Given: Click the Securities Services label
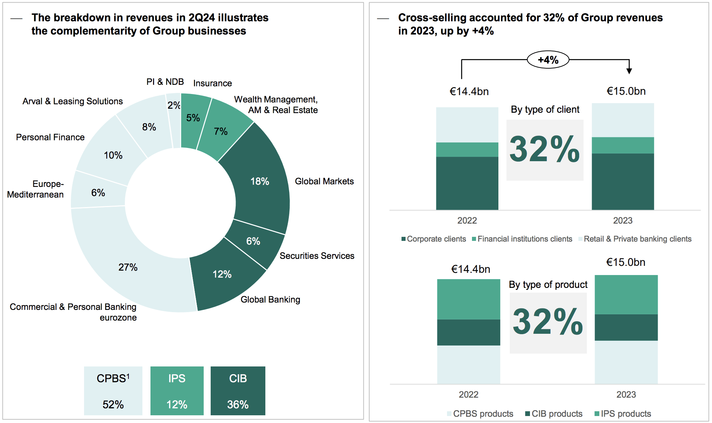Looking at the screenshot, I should [317, 256].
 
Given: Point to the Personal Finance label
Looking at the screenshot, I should [50, 137].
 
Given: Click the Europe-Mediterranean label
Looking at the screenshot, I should [36, 189].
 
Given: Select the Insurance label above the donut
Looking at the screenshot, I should [212, 83].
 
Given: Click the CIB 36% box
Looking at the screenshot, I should [238, 391].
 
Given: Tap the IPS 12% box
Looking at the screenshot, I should [177, 391].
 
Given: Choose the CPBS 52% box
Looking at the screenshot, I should [113, 391].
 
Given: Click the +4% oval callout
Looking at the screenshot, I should [548, 60].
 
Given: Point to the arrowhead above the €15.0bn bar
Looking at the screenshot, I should [629, 71].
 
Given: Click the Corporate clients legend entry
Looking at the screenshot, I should [434, 239].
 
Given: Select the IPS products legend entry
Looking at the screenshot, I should [623, 414].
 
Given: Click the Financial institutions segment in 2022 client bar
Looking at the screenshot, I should [467, 150].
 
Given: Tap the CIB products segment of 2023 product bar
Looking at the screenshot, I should [626, 328].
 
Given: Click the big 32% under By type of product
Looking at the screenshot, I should [548, 322].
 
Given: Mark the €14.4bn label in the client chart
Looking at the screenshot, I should [469, 91].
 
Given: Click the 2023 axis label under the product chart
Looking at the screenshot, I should [626, 395].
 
